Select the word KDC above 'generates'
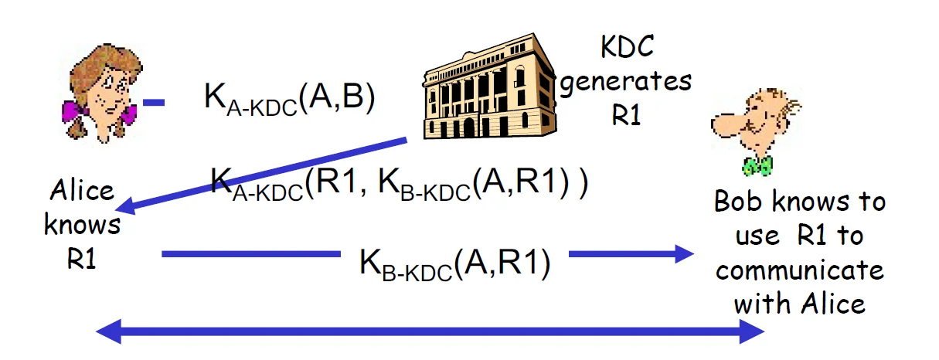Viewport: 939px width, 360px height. (x=627, y=48)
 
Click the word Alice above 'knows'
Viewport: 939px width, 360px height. (x=82, y=191)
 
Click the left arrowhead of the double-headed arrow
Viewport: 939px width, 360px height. (x=109, y=333)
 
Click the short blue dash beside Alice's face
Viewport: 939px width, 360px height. (x=154, y=101)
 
